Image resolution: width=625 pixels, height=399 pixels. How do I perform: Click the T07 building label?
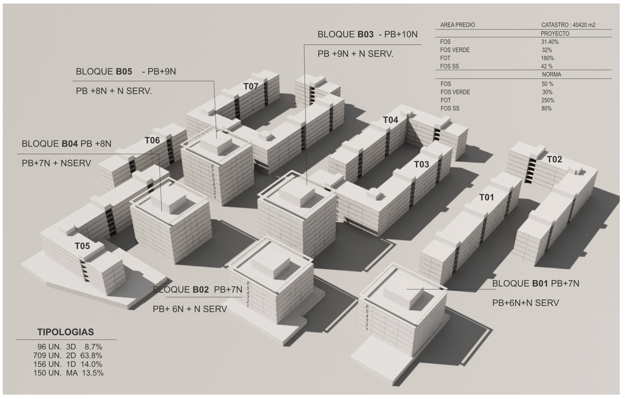click(251, 86)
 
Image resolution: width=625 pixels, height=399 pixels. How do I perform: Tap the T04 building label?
click(390, 120)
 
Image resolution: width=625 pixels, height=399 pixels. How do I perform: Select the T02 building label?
click(554, 160)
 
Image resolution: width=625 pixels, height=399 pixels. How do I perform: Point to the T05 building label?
click(82, 246)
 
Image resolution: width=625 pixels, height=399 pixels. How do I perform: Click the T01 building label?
click(487, 198)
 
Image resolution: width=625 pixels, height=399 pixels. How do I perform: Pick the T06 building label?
click(152, 141)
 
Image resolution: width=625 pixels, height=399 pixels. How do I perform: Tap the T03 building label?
click(421, 164)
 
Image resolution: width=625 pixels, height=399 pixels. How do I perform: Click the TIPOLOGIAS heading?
click(66, 332)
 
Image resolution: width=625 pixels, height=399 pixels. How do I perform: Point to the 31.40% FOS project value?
click(549, 42)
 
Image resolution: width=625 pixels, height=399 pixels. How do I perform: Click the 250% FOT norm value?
click(548, 100)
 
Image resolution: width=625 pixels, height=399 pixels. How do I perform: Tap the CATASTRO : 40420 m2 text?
click(568, 25)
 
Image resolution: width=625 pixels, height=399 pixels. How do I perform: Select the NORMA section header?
click(551, 75)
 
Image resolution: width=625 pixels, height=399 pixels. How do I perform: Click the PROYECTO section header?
click(555, 33)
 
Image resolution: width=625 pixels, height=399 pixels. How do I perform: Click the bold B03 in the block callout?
click(365, 35)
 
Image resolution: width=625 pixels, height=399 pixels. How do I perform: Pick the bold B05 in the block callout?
click(124, 72)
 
